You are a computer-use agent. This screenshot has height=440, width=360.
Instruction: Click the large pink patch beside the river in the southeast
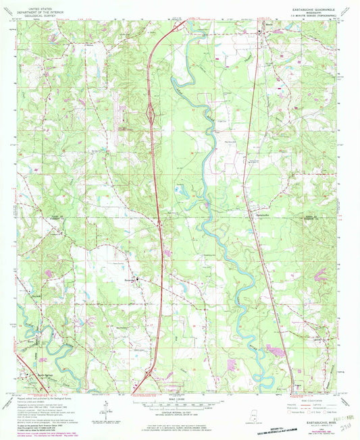(276, 349)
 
